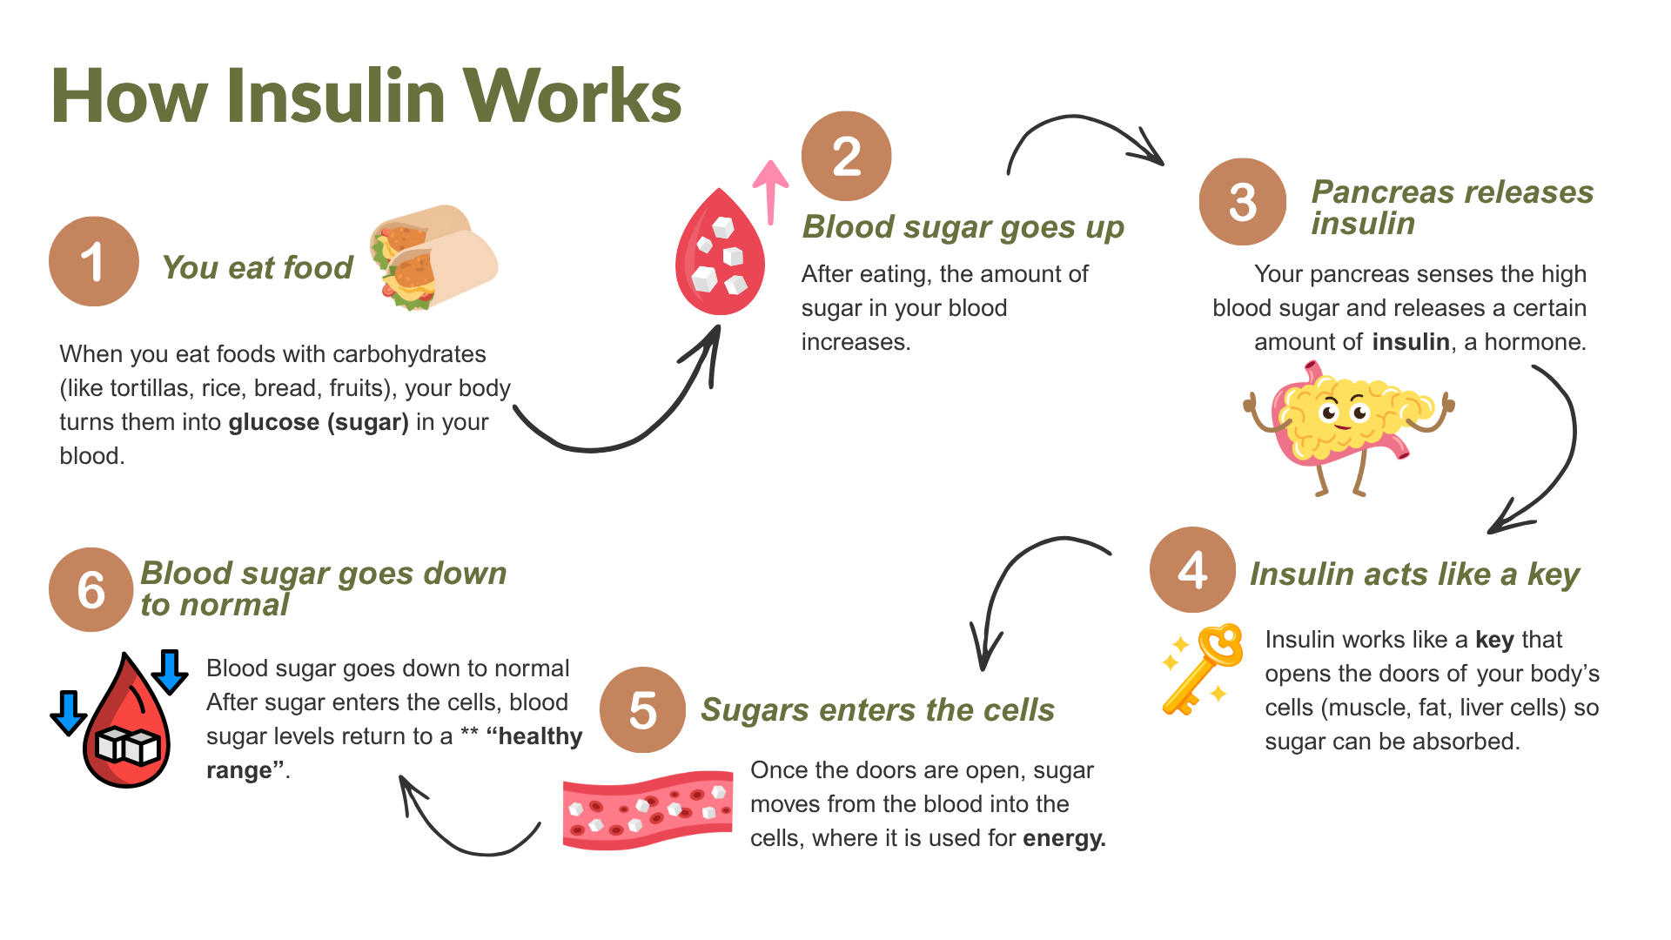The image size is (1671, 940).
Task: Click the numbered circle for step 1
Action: pyautogui.click(x=93, y=261)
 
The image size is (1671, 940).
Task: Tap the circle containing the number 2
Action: pyautogui.click(x=846, y=157)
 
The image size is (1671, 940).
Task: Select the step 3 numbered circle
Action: pyautogui.click(x=1242, y=202)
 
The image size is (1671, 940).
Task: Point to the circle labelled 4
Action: pyautogui.click(x=1192, y=570)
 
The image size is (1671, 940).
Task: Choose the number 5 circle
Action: pyautogui.click(x=642, y=710)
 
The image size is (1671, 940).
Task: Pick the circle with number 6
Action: pyautogui.click(x=91, y=589)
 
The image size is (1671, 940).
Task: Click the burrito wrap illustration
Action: pyautogui.click(x=433, y=257)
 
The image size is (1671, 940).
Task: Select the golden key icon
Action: pyautogui.click(x=1205, y=668)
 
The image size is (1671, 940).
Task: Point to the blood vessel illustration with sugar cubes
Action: pyautogui.click(x=648, y=809)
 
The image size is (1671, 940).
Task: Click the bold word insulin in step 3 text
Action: pyautogui.click(x=1411, y=342)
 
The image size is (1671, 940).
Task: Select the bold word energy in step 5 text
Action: pyautogui.click(x=1064, y=838)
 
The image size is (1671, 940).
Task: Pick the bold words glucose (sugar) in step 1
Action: pyautogui.click(x=319, y=422)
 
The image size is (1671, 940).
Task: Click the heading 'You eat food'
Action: pyautogui.click(x=258, y=267)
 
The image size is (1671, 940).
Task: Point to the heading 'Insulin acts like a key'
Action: pyautogui.click(x=1414, y=574)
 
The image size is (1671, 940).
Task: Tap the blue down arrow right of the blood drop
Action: pyautogui.click(x=170, y=671)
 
